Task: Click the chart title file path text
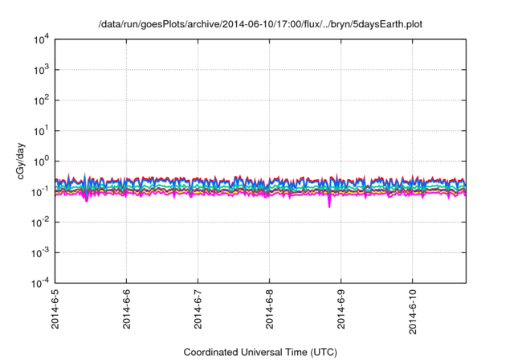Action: pyautogui.click(x=260, y=25)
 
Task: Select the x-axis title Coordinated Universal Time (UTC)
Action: pyautogui.click(x=260, y=352)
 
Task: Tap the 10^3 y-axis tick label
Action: pyautogui.click(x=41, y=70)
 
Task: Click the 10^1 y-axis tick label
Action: pyautogui.click(x=41, y=130)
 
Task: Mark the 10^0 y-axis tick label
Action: pyautogui.click(x=41, y=161)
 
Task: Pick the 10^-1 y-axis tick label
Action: pyautogui.click(x=40, y=191)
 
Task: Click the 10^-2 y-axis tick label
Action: pyautogui.click(x=40, y=222)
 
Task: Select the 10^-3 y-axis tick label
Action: pyautogui.click(x=40, y=252)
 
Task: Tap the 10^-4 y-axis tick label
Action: pyautogui.click(x=40, y=283)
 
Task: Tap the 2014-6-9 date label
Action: pyautogui.click(x=341, y=309)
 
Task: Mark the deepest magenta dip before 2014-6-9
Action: pyautogui.click(x=328, y=206)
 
